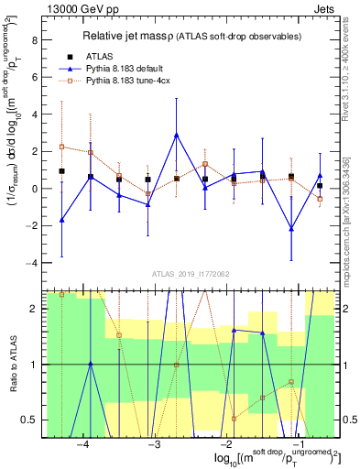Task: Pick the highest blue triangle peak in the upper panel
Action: pyautogui.click(x=176, y=135)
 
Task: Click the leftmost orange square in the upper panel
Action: pyautogui.click(x=61, y=147)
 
